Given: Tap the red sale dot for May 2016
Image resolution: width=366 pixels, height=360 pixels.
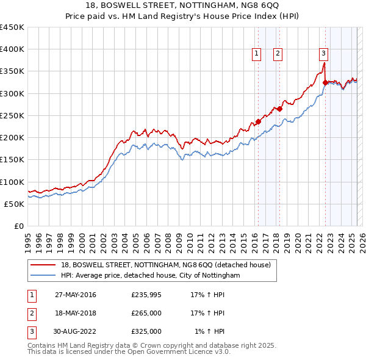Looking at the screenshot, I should (258, 121).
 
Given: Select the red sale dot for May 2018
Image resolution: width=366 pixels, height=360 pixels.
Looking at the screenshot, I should (279, 109).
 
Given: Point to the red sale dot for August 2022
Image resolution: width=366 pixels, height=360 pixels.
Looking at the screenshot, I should (325, 82).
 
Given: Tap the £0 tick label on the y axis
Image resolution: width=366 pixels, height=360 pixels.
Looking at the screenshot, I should (18, 226).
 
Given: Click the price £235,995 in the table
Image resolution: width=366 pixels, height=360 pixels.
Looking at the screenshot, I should (146, 295).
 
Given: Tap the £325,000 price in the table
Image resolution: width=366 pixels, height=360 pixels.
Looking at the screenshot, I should (146, 331).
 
